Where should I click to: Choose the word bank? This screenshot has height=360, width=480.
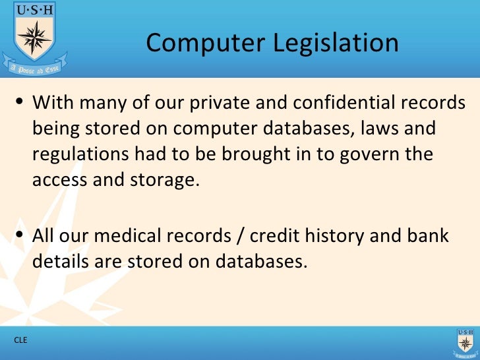click(428, 235)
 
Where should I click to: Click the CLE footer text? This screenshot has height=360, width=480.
click(21, 340)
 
